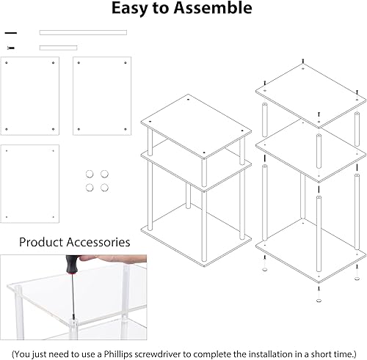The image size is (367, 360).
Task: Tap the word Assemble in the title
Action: coord(215,9)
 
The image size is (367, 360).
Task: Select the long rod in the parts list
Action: coord(83,32)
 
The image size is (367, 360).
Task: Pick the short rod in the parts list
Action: coord(58,48)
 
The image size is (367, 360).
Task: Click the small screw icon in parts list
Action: coord(10,48)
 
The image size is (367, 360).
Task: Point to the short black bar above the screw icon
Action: coord(10,33)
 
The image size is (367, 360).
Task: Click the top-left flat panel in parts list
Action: coord(31,95)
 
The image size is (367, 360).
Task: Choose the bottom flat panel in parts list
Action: coord(31,183)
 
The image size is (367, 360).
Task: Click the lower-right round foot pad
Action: coord(104,187)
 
